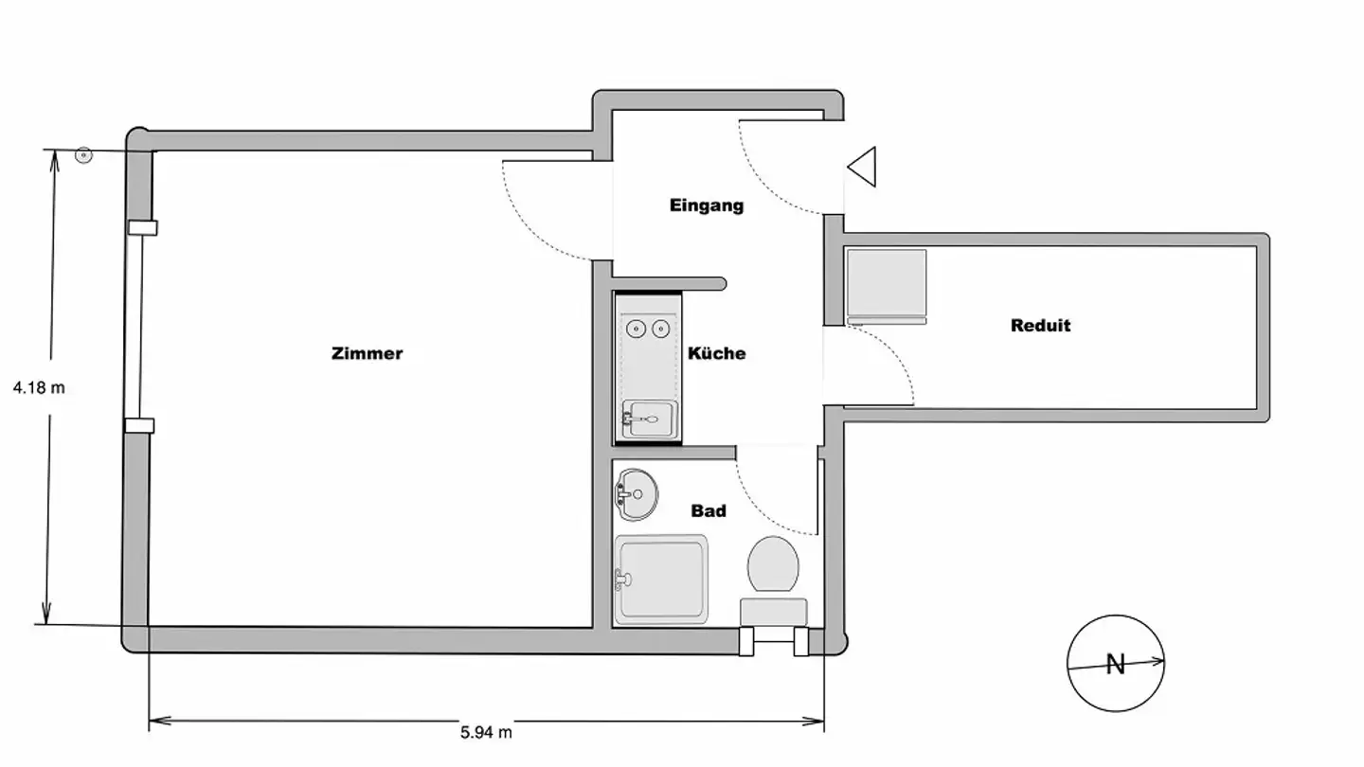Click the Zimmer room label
point(367,353)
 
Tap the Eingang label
point(707,205)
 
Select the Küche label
point(716,353)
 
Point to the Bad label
point(709,511)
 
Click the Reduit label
point(1040,326)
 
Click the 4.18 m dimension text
point(39,387)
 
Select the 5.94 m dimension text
point(486,732)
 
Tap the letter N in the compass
point(1115,665)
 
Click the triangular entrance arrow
point(864,168)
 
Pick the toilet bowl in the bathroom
point(772,564)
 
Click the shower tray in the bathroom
point(661,580)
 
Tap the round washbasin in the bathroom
point(637,493)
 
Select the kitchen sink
point(649,418)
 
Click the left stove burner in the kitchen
point(637,329)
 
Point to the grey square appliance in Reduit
point(886,283)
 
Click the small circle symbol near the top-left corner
point(83,154)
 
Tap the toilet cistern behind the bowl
point(773,611)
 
